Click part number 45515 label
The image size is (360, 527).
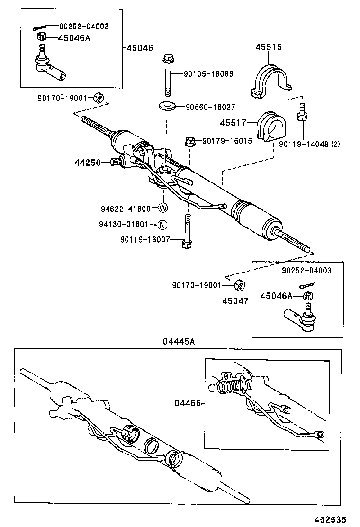269,47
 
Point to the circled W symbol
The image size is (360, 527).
163,208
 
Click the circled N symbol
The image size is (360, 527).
162,225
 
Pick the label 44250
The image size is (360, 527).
87,163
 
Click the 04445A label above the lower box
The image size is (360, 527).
180,342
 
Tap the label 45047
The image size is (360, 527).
235,301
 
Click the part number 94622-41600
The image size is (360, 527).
125,209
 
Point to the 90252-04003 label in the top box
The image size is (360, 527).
84,27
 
